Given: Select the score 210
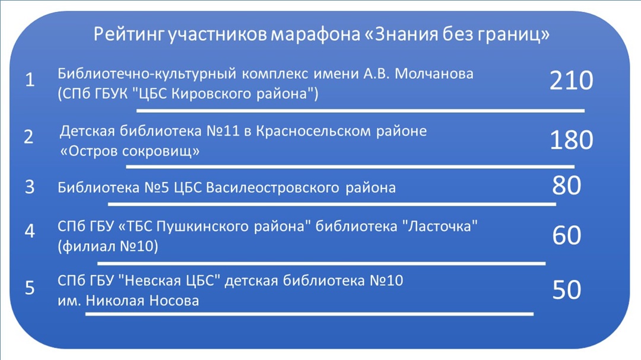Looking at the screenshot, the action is click(x=571, y=80).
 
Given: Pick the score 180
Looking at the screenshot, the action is click(x=571, y=140).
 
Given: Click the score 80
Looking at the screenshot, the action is click(x=567, y=185).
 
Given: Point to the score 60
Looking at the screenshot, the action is click(x=567, y=235).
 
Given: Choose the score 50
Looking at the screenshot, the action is click(x=567, y=289).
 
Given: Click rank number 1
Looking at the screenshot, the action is click(x=30, y=79).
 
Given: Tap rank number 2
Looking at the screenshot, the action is click(x=28, y=136).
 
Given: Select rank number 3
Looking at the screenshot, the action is click(x=30, y=187).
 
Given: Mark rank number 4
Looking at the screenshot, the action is click(x=30, y=231).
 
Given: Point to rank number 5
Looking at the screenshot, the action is click(x=30, y=288).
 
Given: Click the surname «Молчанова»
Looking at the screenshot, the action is click(x=434, y=74).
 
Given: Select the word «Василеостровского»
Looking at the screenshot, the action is click(x=272, y=187).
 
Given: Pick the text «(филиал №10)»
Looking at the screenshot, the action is click(x=108, y=246).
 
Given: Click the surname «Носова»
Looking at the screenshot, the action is click(x=174, y=301).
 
